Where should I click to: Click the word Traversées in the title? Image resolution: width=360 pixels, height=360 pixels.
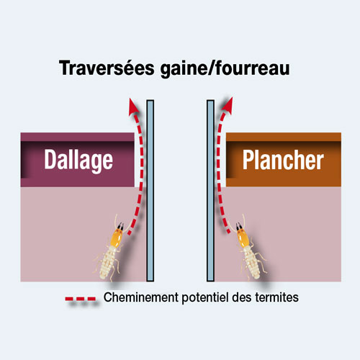click(107, 68)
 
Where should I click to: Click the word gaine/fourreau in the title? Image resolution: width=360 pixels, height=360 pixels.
click(225, 69)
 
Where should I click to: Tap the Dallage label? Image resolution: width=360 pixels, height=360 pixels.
click(78, 161)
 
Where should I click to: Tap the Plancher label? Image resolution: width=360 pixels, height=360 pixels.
click(283, 160)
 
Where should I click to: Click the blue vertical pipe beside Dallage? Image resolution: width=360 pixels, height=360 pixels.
click(150, 191)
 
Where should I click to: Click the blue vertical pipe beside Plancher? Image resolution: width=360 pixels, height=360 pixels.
click(210, 191)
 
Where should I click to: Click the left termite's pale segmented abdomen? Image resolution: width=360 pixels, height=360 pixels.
click(108, 263)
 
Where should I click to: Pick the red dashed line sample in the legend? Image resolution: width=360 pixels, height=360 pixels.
click(81, 299)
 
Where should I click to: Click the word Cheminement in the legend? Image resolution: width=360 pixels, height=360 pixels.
click(141, 297)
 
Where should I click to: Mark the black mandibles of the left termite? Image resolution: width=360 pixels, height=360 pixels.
click(120, 225)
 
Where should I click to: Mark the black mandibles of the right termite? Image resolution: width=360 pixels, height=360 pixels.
click(239, 226)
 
